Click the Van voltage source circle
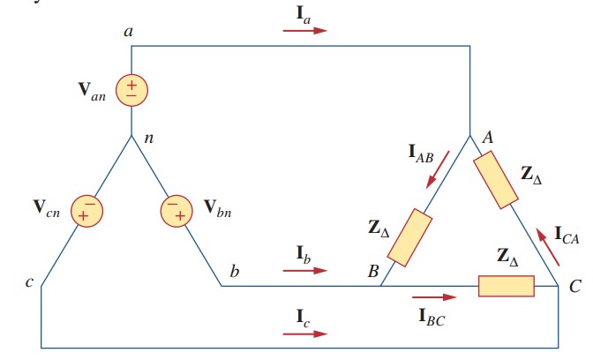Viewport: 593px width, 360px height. [131, 89]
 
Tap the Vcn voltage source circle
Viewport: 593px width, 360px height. [88, 213]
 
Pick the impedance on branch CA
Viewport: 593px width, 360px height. [496, 180]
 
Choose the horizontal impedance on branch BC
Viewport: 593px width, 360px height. [506, 287]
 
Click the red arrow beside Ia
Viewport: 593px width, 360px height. [304, 30]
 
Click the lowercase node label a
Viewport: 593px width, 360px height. [129, 32]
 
